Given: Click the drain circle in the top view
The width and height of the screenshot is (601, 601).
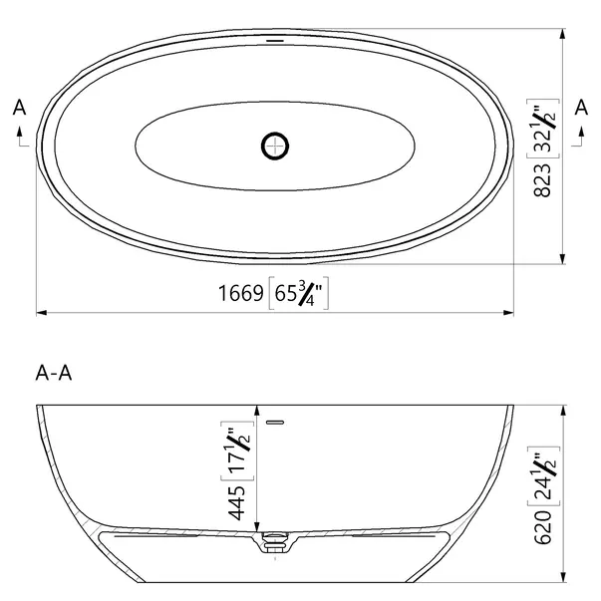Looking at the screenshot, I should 275,147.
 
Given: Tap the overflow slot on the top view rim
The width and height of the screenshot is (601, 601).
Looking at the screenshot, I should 275,41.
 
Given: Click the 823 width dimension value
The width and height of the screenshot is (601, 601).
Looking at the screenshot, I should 543,179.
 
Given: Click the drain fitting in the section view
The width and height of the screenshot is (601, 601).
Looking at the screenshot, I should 275,543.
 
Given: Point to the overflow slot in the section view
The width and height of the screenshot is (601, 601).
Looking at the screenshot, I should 276,422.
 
